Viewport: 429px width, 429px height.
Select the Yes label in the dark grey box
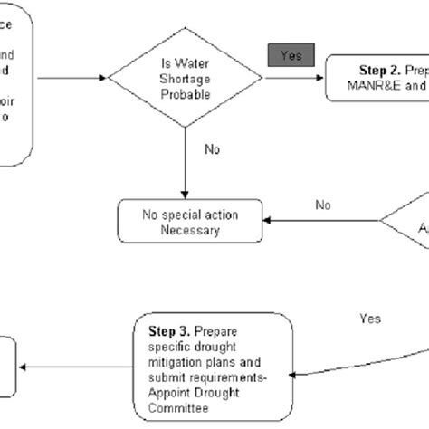[x=290, y=55]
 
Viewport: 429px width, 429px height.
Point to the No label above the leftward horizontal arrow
[x=323, y=205]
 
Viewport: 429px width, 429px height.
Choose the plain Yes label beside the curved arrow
[x=369, y=319]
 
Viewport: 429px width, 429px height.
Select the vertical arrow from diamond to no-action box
[x=185, y=163]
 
